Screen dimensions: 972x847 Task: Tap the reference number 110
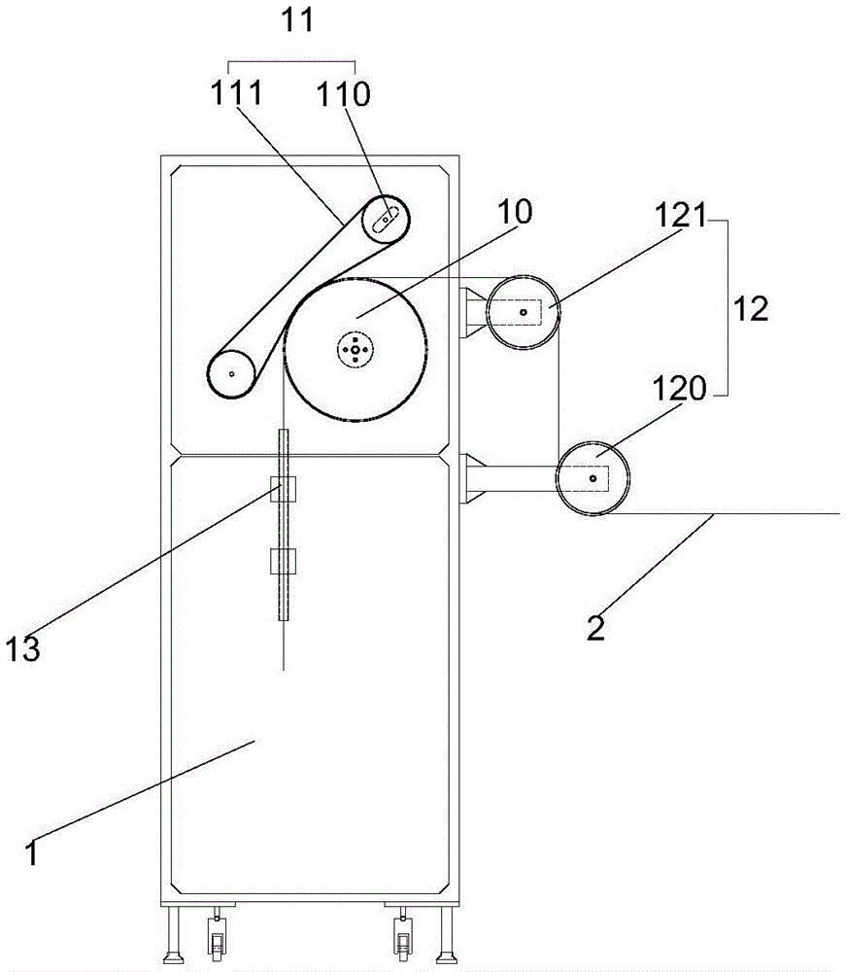(x=343, y=93)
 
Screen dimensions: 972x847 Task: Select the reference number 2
(x=595, y=626)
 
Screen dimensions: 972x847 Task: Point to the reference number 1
(x=32, y=853)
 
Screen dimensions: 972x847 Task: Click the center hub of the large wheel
(x=356, y=348)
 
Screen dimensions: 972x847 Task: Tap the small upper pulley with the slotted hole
(x=386, y=220)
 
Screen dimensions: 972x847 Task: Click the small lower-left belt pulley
(x=231, y=372)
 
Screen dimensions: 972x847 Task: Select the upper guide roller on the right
(x=523, y=312)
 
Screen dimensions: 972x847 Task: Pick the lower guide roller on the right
(x=593, y=477)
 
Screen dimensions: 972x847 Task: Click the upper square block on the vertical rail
(x=284, y=491)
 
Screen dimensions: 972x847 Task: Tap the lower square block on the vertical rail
(x=284, y=560)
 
